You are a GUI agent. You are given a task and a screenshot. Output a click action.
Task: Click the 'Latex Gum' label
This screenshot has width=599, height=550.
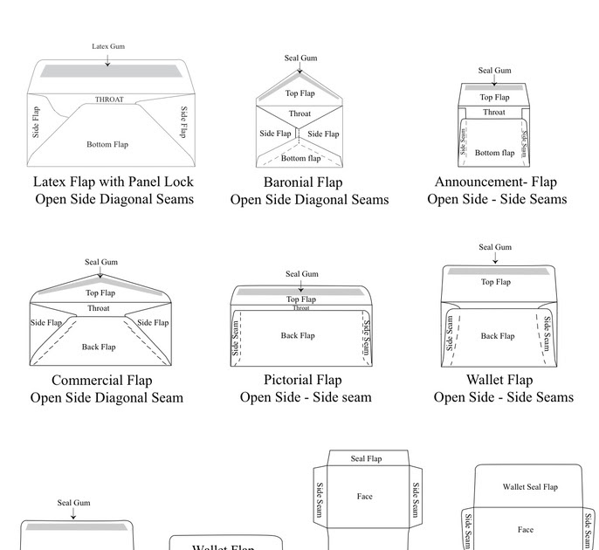coord(107,46)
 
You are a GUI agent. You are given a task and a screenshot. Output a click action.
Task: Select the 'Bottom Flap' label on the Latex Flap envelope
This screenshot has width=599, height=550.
coord(107,144)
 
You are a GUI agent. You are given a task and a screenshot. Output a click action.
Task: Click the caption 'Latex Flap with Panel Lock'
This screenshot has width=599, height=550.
coord(114,182)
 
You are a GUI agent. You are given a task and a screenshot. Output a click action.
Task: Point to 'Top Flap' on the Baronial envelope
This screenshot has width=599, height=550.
coord(299,93)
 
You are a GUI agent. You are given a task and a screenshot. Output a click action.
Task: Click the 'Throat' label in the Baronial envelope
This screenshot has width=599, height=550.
coord(299,113)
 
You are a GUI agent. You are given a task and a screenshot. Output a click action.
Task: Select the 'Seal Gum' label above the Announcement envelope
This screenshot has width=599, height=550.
coord(494,71)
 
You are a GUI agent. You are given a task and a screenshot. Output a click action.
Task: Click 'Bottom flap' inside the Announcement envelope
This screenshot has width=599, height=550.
coord(494,153)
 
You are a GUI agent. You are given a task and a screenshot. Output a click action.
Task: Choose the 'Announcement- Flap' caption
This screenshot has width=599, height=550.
coord(495,182)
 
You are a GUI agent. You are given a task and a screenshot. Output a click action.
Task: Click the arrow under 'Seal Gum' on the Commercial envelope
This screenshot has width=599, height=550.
coord(101,272)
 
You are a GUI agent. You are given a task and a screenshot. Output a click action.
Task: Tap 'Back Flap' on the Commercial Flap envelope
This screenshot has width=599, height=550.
coord(99,347)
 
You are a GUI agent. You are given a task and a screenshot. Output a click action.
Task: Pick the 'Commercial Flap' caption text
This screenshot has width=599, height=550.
coord(101,380)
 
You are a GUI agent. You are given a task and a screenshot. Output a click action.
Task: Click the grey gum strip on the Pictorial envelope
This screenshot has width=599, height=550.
coord(301,292)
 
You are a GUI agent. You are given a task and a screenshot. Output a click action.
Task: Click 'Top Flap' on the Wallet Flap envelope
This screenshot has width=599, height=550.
coord(495,282)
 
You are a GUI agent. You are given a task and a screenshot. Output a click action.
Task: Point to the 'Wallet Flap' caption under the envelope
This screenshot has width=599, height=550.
coord(495,380)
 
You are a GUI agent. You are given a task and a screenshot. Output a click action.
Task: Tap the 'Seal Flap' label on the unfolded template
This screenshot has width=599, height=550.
coord(366,458)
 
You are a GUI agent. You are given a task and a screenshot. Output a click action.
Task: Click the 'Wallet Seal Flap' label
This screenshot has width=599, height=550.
coord(529,487)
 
